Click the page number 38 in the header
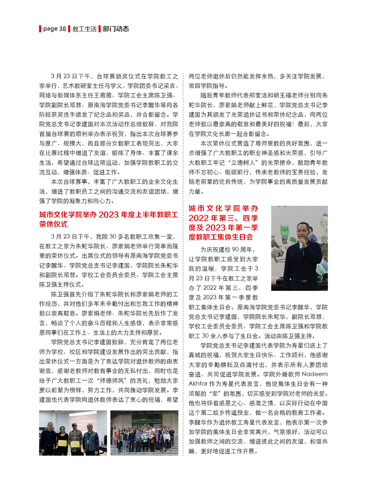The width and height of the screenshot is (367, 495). click(x=62, y=29)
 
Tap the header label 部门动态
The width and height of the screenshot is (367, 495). click(x=116, y=29)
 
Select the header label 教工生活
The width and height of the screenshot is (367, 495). click(x=84, y=29)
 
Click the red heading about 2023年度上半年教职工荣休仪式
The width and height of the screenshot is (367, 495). click(x=108, y=219)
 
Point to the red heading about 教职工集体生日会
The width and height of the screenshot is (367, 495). click(x=223, y=223)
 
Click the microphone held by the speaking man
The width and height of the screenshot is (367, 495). click(x=301, y=244)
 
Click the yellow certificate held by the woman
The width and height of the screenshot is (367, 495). click(x=62, y=442)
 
